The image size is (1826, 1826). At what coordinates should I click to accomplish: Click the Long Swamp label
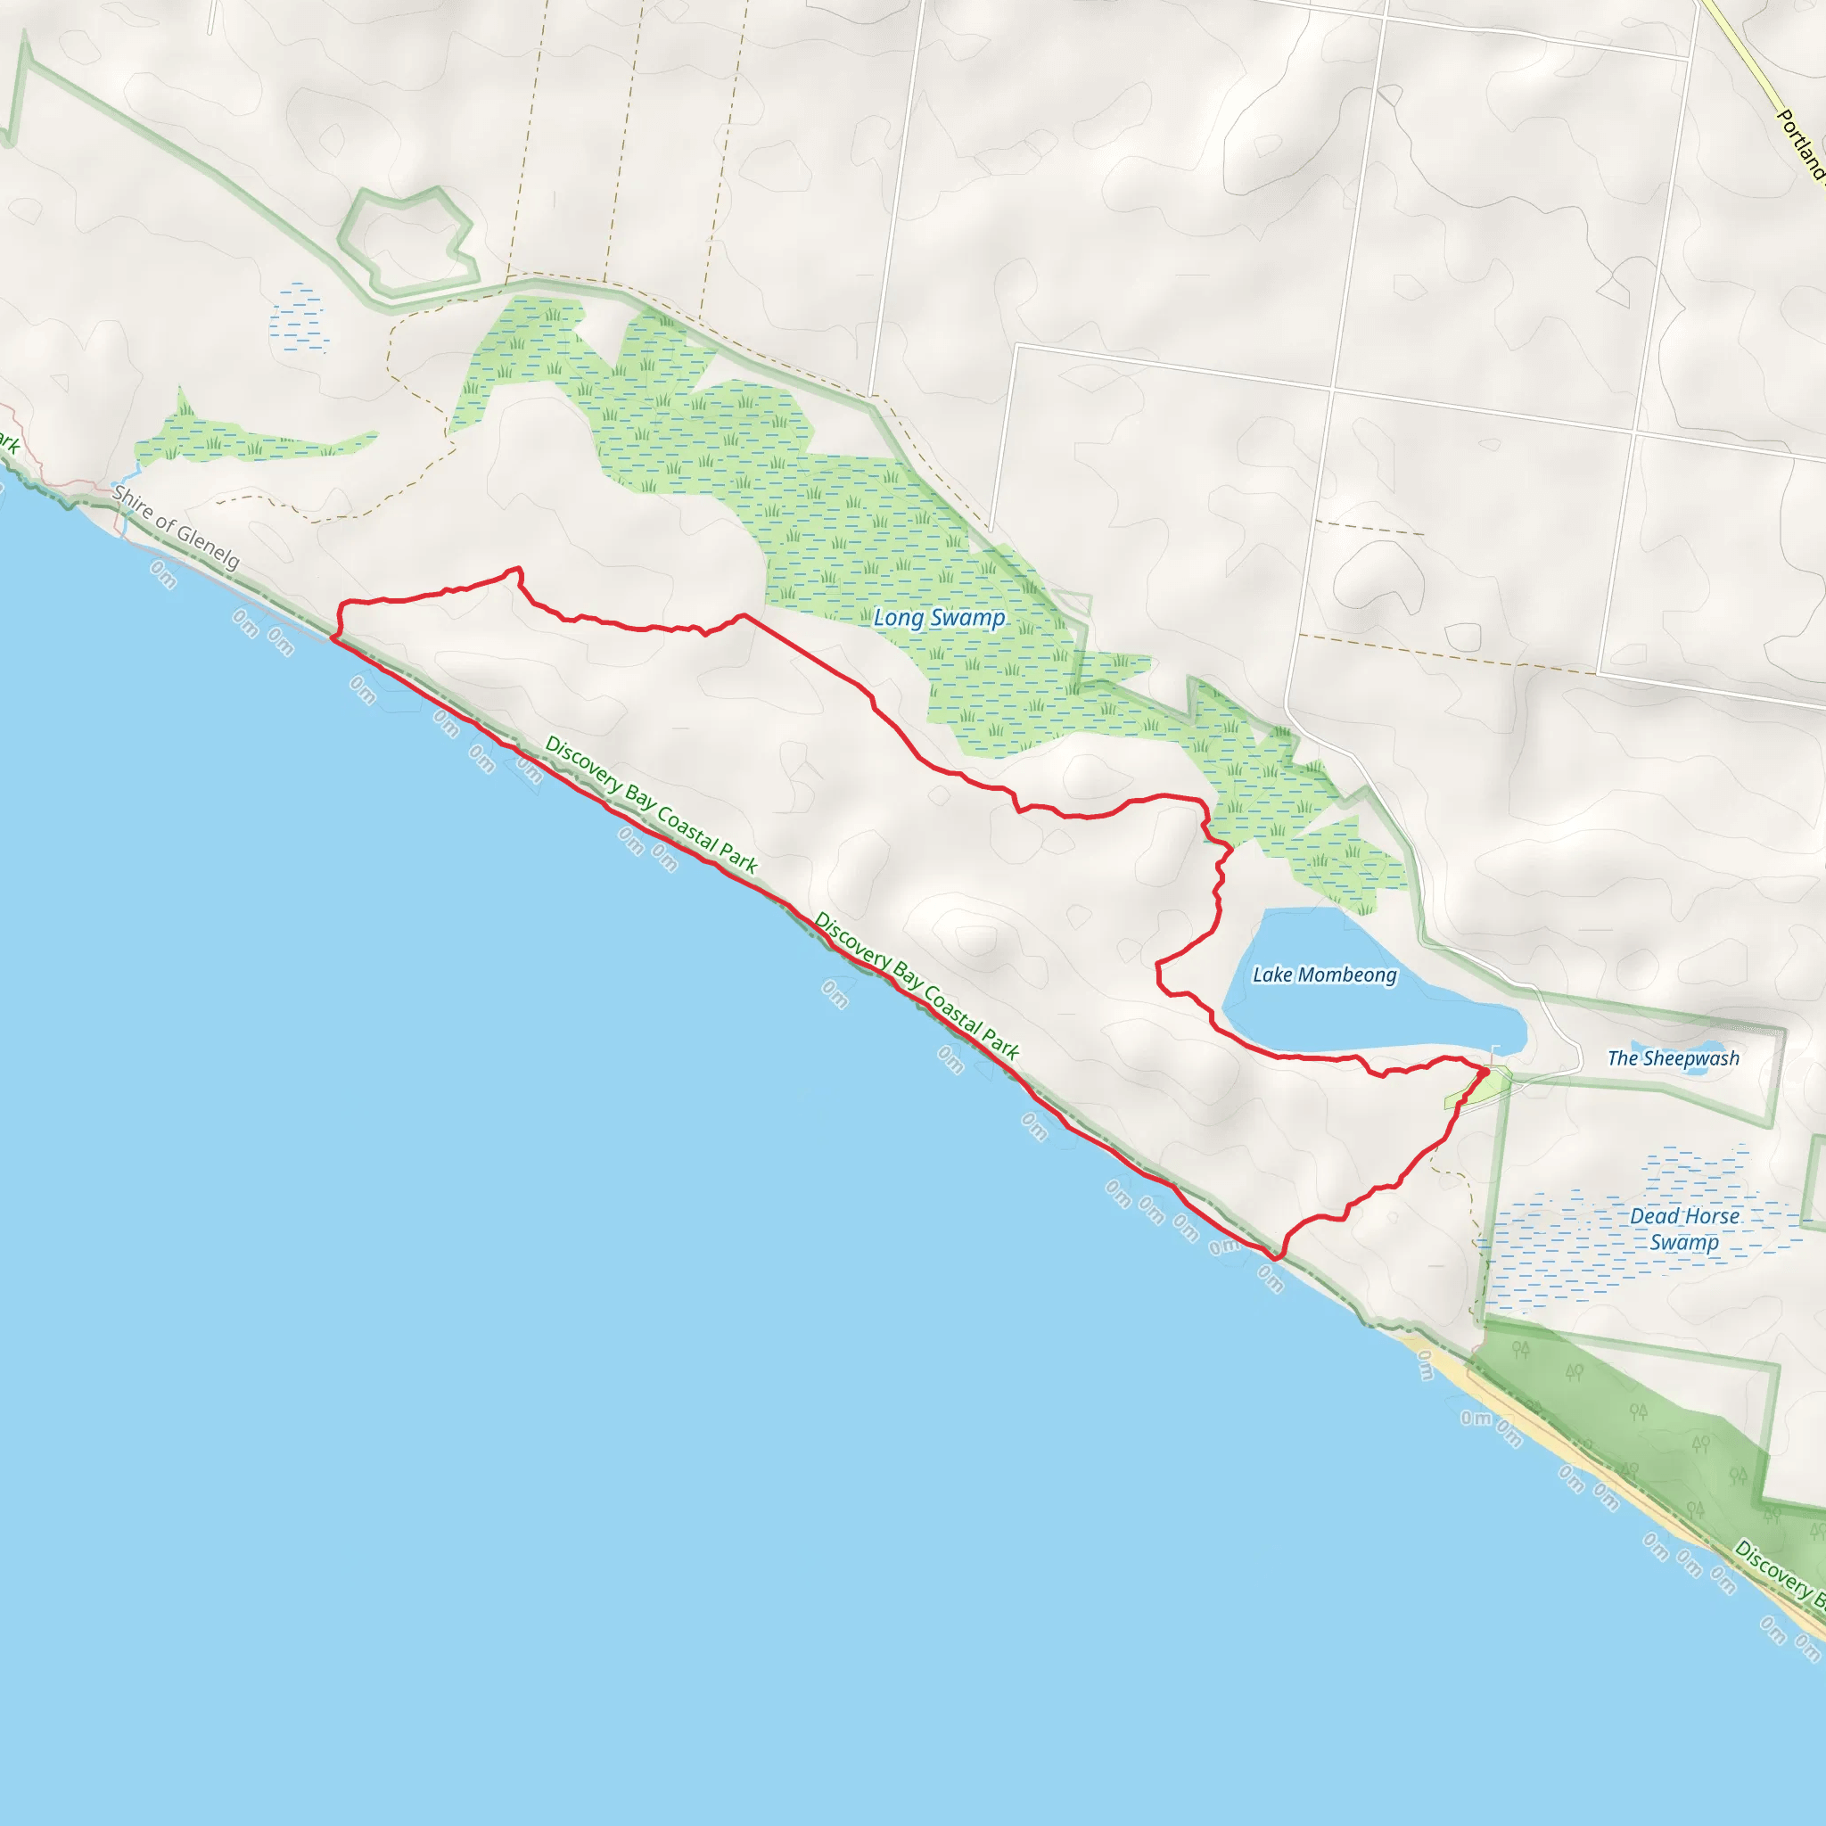tap(939, 618)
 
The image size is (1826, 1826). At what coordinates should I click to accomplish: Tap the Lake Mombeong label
tap(1324, 975)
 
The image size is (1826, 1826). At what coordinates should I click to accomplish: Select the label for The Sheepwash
tap(1673, 1058)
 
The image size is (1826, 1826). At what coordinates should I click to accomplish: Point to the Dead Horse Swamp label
tap(1684, 1229)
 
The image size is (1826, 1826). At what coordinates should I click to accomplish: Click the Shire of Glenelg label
tap(176, 526)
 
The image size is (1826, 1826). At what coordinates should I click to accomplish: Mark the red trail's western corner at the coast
tap(333, 639)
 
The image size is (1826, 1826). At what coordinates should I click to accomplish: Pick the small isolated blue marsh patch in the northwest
tap(299, 317)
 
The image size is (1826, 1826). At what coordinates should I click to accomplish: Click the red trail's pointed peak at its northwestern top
tap(517, 569)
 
